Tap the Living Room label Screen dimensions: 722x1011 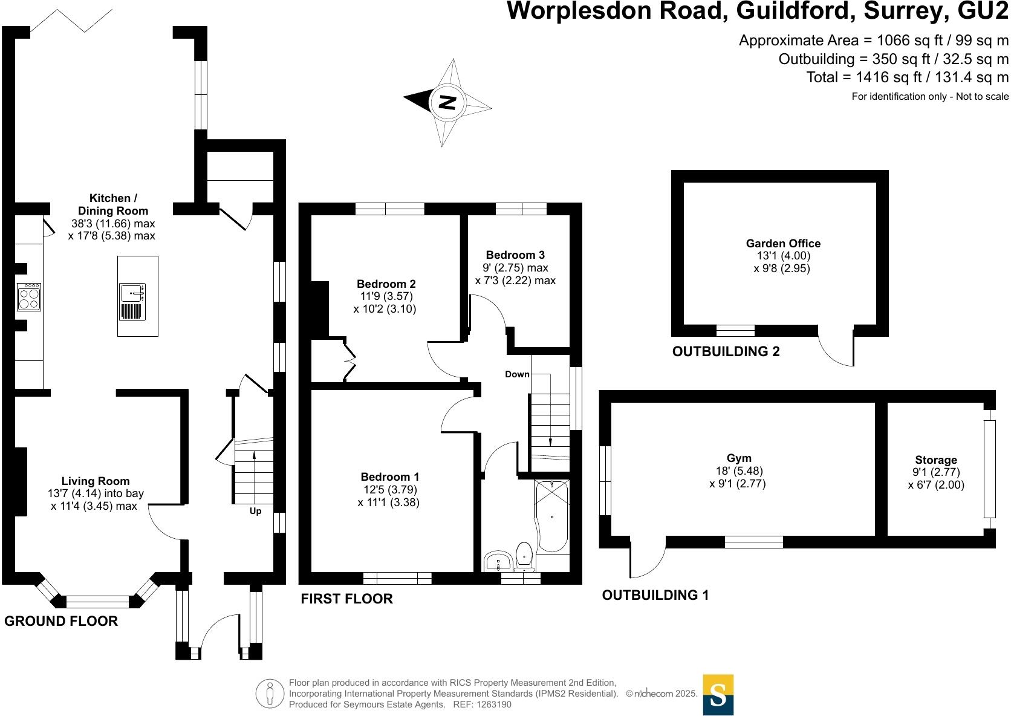tap(96, 481)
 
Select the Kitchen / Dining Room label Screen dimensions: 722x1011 tap(113, 204)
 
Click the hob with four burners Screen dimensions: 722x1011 tap(29, 296)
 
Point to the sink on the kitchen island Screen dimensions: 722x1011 tap(132, 293)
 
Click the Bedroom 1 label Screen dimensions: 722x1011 tap(389, 477)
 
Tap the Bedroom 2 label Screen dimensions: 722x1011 tap(386, 284)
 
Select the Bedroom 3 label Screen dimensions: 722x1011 tap(515, 255)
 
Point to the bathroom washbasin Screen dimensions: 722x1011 tap(498, 561)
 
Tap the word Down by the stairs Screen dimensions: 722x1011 tap(517, 374)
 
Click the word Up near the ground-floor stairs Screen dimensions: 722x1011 tap(255, 512)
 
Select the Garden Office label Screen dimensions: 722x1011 tap(783, 244)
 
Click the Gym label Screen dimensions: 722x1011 tap(739, 458)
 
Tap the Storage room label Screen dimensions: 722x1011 tap(935, 460)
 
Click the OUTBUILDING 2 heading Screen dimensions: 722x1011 tap(726, 351)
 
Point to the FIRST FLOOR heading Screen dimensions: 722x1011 tap(346, 599)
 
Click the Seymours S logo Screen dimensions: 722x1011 tap(718, 695)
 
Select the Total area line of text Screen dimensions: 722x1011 tap(907, 77)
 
